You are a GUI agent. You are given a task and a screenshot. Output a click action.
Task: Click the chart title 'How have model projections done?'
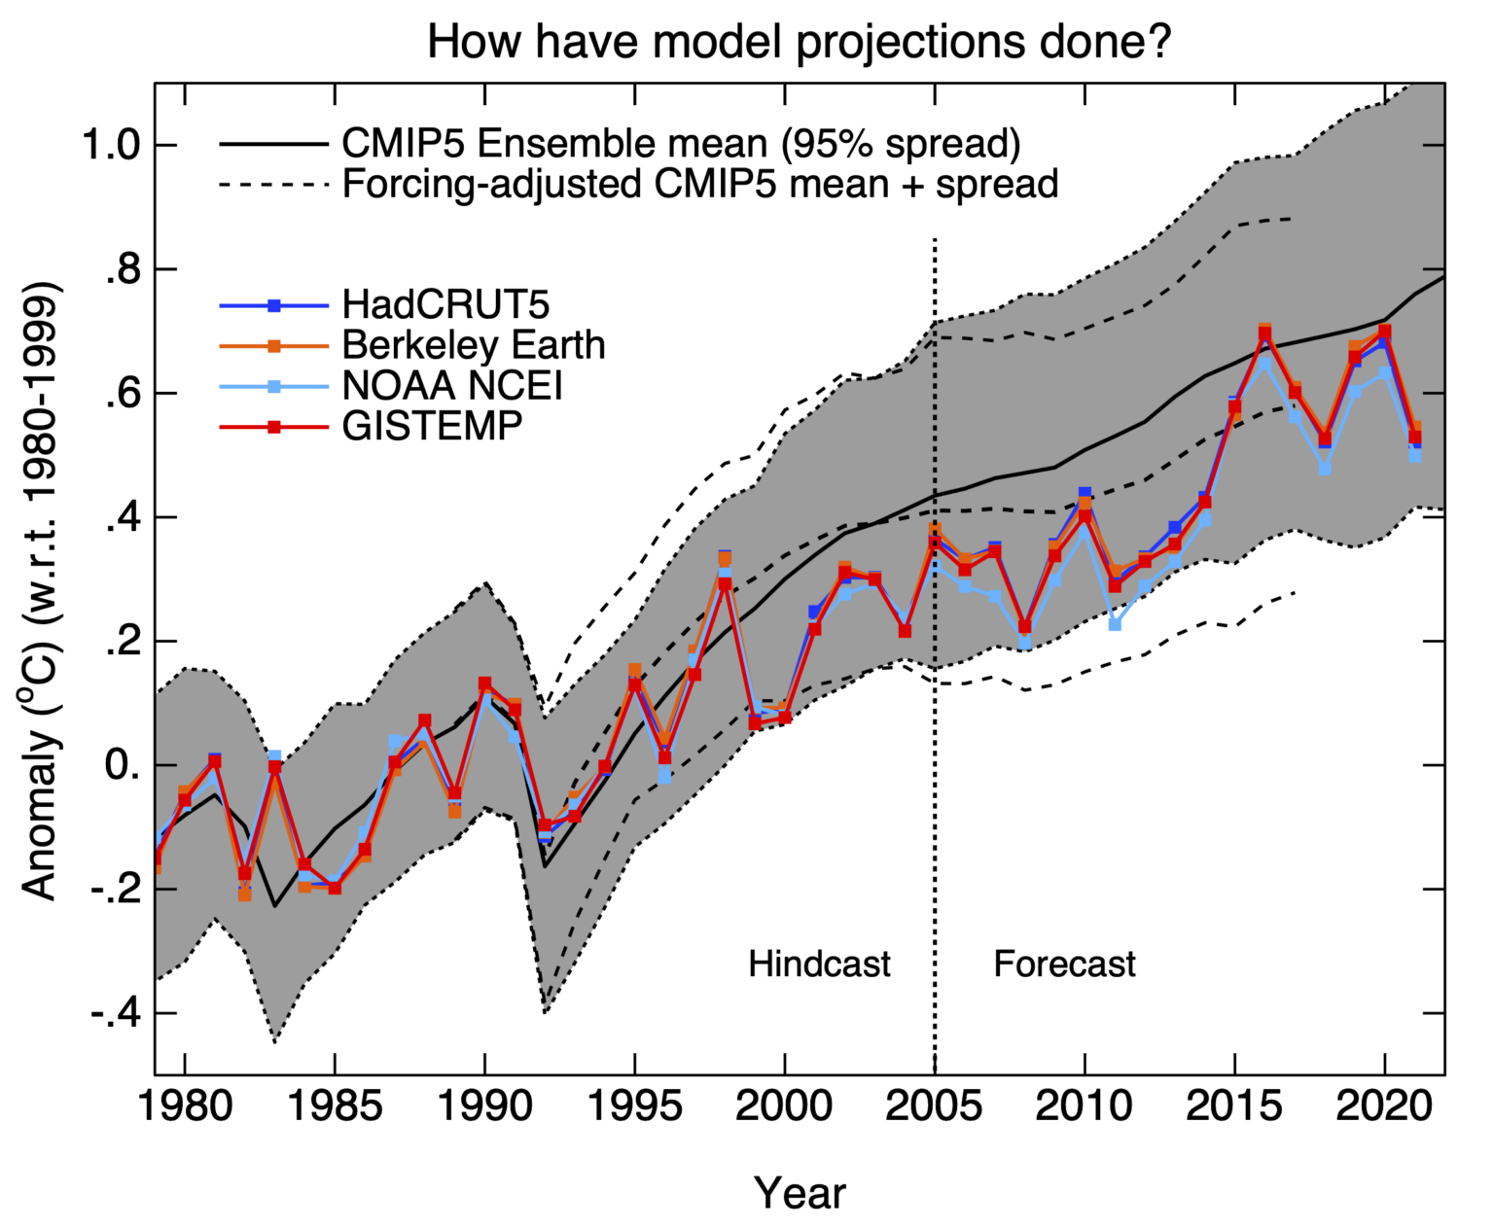coord(799,43)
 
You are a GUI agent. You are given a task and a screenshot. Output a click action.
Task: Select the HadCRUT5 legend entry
coord(445,305)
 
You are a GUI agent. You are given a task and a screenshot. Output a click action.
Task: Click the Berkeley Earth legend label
coord(473,345)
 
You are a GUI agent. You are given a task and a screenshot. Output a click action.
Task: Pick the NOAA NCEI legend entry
coord(452,386)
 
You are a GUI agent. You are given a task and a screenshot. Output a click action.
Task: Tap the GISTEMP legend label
coord(432,426)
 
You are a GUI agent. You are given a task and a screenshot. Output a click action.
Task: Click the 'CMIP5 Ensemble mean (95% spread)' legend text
coord(681,144)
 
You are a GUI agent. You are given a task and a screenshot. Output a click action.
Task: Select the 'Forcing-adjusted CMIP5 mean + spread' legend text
coord(699,184)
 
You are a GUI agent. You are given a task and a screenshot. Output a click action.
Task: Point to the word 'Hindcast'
coord(819,964)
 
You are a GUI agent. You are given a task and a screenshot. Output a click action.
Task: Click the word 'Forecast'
coord(1064,964)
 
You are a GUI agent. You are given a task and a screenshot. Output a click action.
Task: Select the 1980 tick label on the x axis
coord(185,1107)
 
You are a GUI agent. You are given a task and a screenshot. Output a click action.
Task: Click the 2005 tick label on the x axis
coord(935,1107)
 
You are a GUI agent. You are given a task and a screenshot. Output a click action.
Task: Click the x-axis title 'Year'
coord(800,1193)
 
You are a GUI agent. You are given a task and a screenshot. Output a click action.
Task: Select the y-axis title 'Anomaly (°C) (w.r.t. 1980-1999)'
coord(41,591)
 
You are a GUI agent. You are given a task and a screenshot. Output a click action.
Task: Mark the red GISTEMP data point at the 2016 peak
coord(1264,334)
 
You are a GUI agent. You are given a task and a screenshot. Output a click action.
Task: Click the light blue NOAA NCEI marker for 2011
coord(1115,624)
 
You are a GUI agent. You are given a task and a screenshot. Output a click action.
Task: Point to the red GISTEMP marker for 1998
coord(725,584)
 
